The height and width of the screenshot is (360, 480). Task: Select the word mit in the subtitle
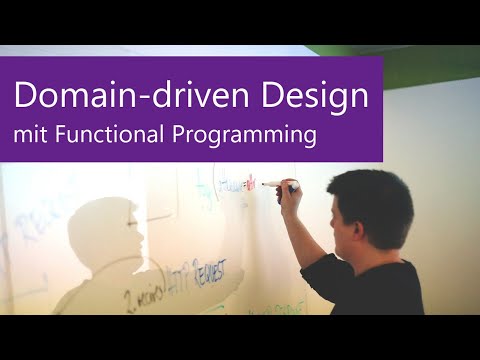pos(29,134)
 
